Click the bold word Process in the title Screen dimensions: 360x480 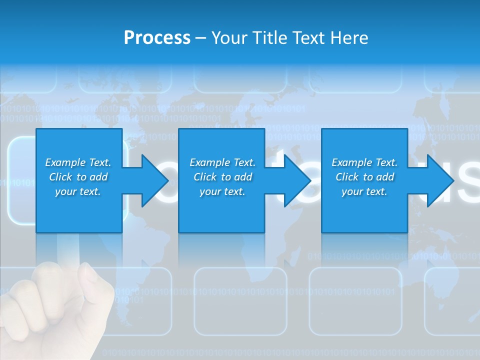point(157,38)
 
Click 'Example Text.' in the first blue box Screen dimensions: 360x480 point(78,162)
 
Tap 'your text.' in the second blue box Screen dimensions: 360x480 point(222,191)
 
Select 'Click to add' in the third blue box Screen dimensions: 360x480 point(364,177)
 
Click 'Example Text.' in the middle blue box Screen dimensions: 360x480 point(222,162)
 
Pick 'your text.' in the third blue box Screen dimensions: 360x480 point(364,191)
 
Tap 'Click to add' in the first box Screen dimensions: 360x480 point(78,177)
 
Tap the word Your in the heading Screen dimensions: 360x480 point(229,38)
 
